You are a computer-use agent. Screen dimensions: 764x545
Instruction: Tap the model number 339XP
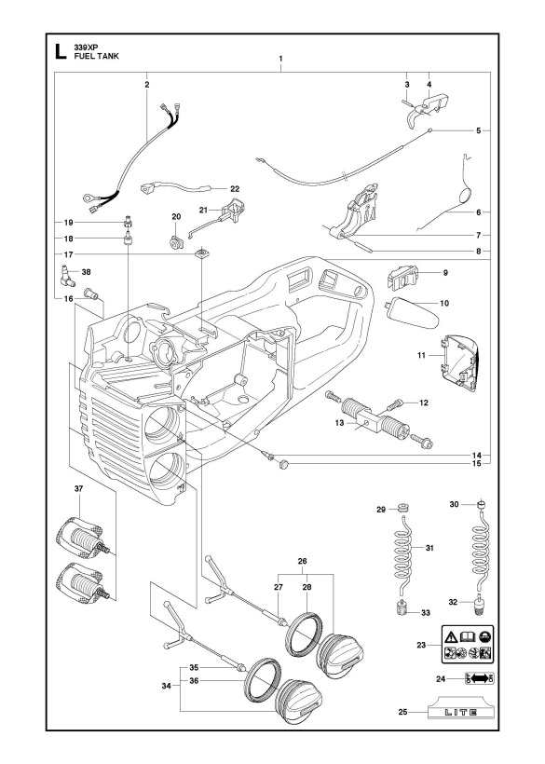87,48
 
